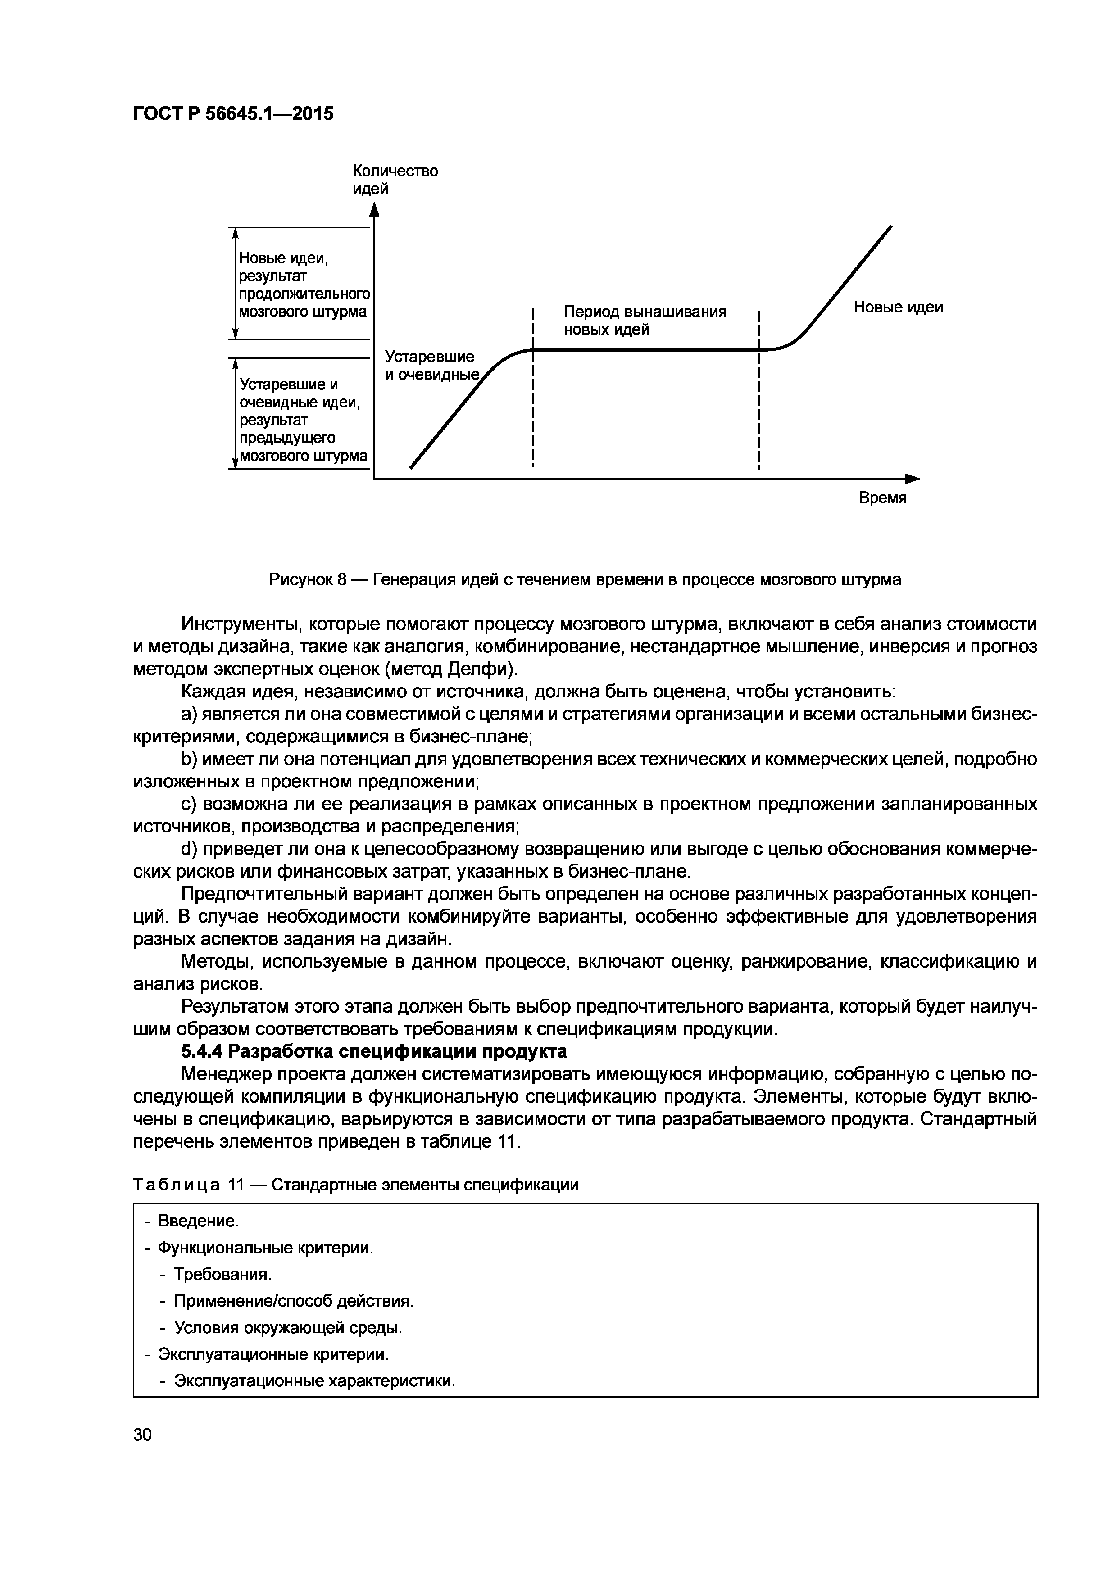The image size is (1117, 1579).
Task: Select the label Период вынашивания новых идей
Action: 645,321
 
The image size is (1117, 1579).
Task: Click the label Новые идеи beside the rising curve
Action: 898,308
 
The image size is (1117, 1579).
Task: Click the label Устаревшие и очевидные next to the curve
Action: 431,365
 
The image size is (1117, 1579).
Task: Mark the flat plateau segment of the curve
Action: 646,350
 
